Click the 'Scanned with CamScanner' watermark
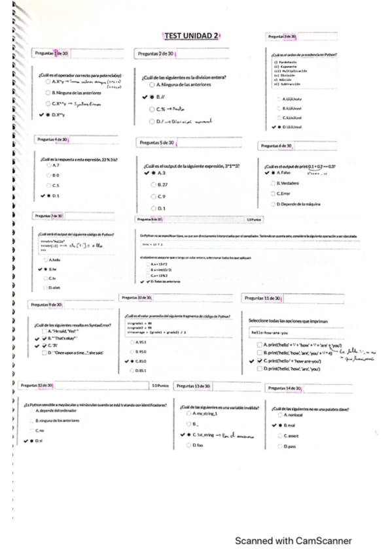[x=293, y=541]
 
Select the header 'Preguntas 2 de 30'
[x=155, y=53]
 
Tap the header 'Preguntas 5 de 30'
[x=156, y=142]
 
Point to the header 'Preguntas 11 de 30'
[x=262, y=298]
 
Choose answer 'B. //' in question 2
[x=159, y=97]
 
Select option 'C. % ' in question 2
[x=160, y=109]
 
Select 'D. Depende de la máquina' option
[x=298, y=204]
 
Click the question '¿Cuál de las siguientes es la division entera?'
[x=185, y=78]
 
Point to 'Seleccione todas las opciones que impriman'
[x=288, y=321]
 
